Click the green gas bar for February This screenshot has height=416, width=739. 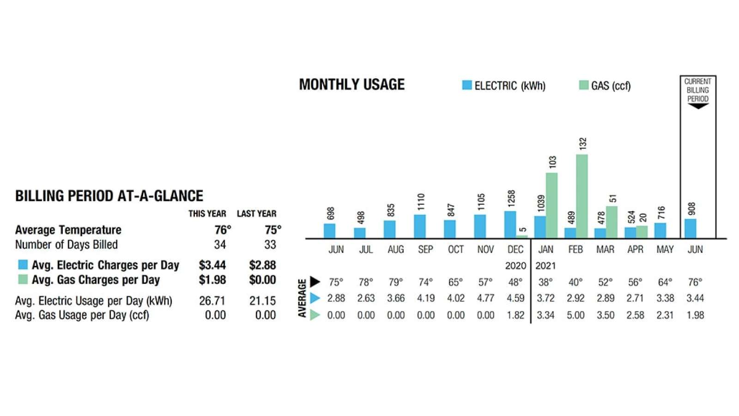pyautogui.click(x=582, y=196)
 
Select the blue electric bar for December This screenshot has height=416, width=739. pyautogui.click(x=510, y=225)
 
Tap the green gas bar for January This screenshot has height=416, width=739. pyautogui.click(x=551, y=205)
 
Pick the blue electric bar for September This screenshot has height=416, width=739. pyautogui.click(x=420, y=226)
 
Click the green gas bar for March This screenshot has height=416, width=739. pyautogui.click(x=612, y=222)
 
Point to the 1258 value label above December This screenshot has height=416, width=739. pyautogui.click(x=511, y=198)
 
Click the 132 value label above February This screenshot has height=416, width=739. pyautogui.click(x=583, y=143)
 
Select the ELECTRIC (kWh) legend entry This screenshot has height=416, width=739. pyautogui.click(x=504, y=86)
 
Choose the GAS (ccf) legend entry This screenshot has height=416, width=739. pyautogui.click(x=605, y=86)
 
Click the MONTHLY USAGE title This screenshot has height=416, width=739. pyautogui.click(x=351, y=85)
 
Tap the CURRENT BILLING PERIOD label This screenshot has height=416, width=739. pyautogui.click(x=697, y=90)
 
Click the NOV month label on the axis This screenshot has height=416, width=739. pyautogui.click(x=485, y=250)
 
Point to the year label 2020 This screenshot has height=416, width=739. pyautogui.click(x=515, y=266)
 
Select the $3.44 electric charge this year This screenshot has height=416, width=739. pyautogui.click(x=212, y=265)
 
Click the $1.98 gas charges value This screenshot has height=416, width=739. pyautogui.click(x=212, y=280)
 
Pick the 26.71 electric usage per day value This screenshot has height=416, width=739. pyautogui.click(x=212, y=301)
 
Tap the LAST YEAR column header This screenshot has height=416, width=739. pyautogui.click(x=257, y=214)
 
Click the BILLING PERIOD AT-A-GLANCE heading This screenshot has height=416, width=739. pyautogui.click(x=109, y=196)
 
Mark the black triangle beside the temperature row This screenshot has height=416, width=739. pyautogui.click(x=315, y=281)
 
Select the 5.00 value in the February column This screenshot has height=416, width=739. pyautogui.click(x=575, y=315)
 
